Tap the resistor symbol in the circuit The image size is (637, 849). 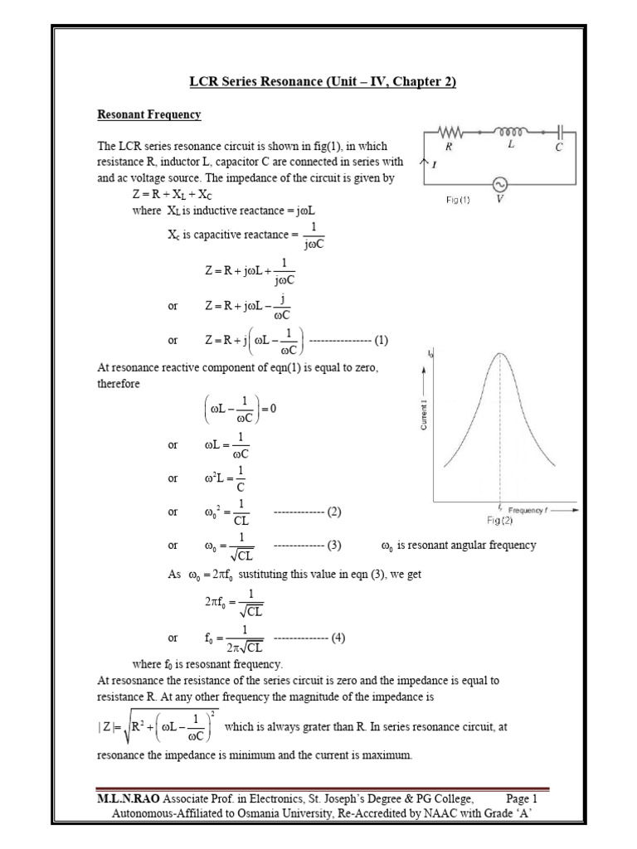click(451, 131)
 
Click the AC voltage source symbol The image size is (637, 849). click(500, 185)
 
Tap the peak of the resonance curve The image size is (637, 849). click(500, 354)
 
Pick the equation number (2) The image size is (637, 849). click(334, 512)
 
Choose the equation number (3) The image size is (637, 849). click(334, 546)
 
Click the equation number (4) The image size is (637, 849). click(338, 638)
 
